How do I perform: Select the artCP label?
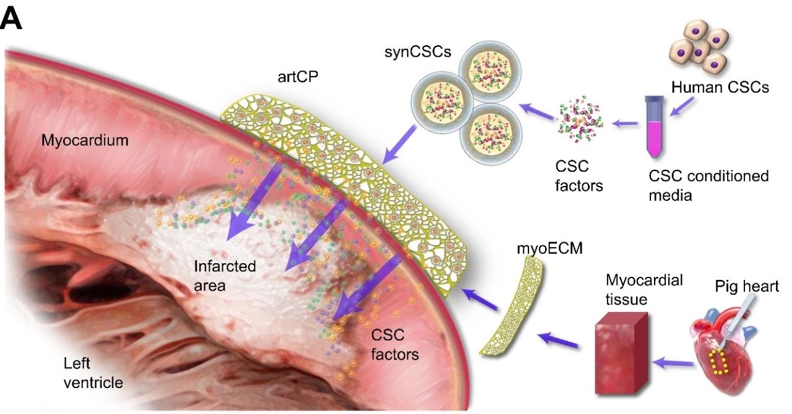point(298,77)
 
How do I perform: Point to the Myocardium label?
point(85,141)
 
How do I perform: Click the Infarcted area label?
point(225,276)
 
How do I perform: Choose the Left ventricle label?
point(93,373)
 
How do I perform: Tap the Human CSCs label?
point(720,87)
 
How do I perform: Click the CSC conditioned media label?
point(708,185)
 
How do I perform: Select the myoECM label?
point(549,248)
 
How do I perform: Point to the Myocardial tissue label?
point(644,290)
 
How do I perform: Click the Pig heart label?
point(747,287)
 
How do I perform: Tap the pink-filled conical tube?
point(654,127)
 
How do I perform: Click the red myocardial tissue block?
point(621,353)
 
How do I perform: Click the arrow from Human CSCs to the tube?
point(682,106)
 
